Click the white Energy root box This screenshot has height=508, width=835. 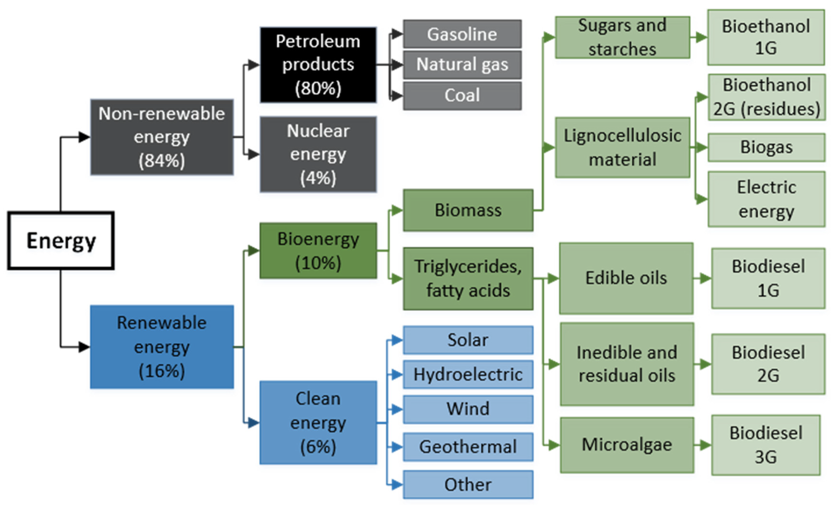[61, 241]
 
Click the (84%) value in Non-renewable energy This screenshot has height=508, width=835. [162, 160]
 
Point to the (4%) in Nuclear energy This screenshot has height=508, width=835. [318, 178]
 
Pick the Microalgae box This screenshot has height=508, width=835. [627, 445]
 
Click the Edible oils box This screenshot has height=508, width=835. [626, 278]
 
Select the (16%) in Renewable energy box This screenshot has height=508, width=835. [162, 371]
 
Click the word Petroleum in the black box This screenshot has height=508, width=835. [318, 42]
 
